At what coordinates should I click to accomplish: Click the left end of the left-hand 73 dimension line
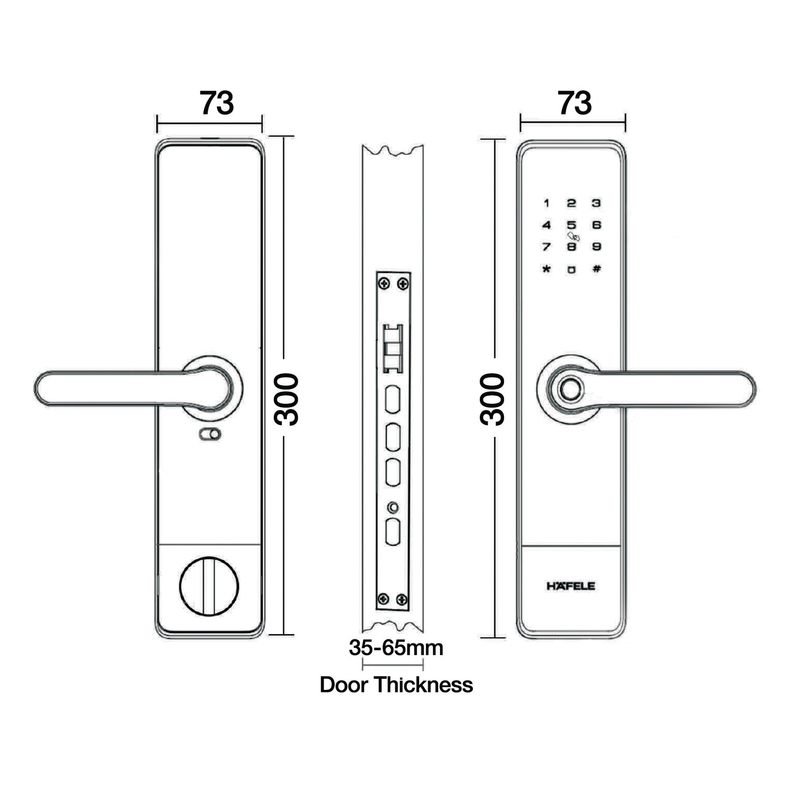[158, 124]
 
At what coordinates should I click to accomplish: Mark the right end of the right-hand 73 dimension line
[626, 123]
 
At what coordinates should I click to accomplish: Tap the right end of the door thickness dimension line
[423, 664]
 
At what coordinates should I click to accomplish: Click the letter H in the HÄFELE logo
[551, 586]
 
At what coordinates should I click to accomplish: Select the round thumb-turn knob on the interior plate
[209, 586]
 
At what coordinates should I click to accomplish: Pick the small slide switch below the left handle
[210, 435]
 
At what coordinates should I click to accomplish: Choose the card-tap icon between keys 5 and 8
[573, 236]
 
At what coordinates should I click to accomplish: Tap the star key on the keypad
[546, 269]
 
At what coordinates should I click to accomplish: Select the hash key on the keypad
[596, 269]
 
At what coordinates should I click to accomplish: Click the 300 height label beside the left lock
[287, 399]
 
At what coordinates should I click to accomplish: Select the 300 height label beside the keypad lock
[492, 399]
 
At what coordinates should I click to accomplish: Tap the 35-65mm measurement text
[396, 647]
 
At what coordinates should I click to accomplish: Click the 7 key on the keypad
[546, 247]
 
